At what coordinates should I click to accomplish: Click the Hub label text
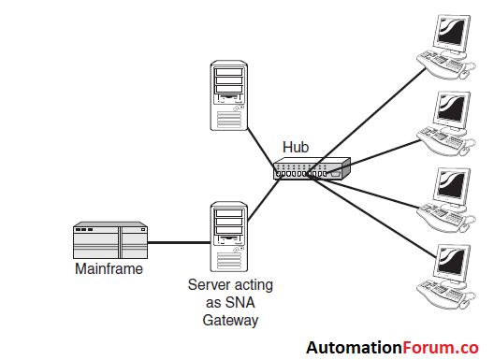click(x=296, y=148)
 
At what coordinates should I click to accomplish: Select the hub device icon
click(x=310, y=168)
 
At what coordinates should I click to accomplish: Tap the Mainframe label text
click(x=109, y=269)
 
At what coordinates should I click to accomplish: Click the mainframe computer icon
click(x=111, y=242)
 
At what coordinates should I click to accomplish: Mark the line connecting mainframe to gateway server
click(x=179, y=243)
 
